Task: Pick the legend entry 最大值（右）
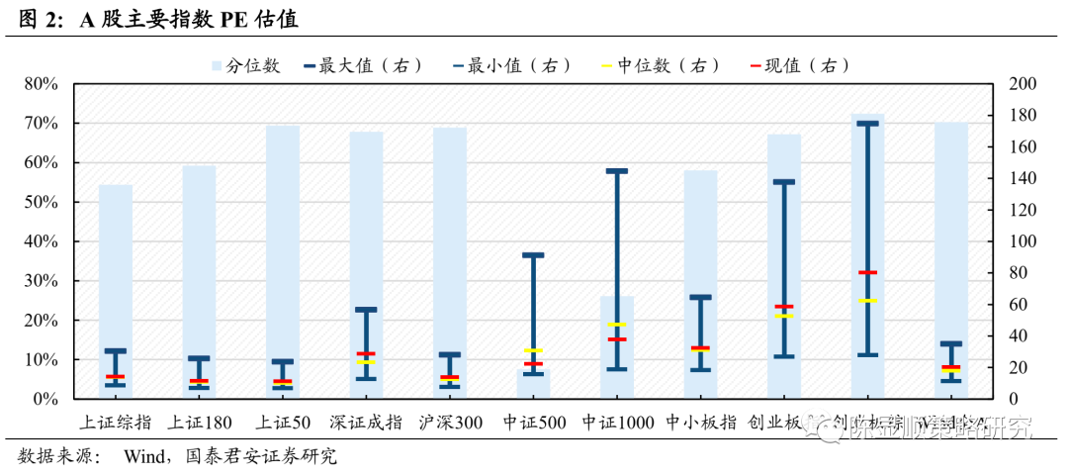click(x=370, y=66)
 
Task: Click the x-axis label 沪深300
click(x=451, y=424)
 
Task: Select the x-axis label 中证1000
click(x=618, y=424)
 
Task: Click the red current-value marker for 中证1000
click(x=617, y=339)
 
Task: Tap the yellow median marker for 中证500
click(x=533, y=350)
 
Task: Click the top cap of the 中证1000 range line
click(x=617, y=171)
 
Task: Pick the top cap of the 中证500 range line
click(x=533, y=255)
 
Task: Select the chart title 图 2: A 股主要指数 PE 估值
click(x=158, y=19)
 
